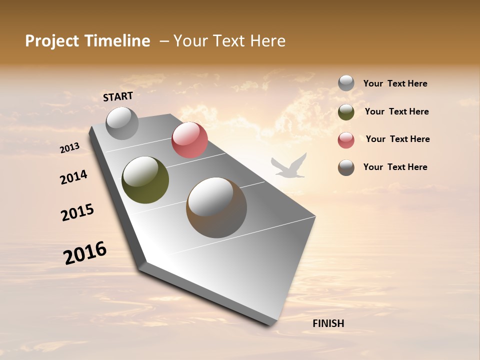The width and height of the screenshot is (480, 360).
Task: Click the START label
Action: click(x=118, y=96)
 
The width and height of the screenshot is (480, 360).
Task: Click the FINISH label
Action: click(x=328, y=323)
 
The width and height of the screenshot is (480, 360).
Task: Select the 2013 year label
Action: click(x=69, y=148)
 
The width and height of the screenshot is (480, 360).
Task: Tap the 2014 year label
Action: click(x=73, y=177)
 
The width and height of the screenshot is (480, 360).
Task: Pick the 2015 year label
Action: click(x=77, y=212)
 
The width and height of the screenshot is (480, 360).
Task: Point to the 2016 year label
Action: click(x=85, y=253)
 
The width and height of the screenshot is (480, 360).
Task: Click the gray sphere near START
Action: click(x=122, y=123)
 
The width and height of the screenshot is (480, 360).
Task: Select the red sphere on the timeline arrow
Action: click(x=189, y=140)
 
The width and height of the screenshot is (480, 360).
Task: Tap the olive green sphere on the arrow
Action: click(x=145, y=180)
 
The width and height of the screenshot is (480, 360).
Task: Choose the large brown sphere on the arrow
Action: click(x=216, y=207)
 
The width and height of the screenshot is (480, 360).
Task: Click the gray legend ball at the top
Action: click(x=346, y=83)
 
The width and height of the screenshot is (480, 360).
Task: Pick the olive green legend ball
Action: click(x=346, y=112)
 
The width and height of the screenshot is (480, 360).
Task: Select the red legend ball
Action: click(x=346, y=140)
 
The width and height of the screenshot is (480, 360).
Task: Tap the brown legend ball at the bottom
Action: click(x=346, y=167)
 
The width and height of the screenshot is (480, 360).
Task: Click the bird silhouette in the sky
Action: click(x=288, y=167)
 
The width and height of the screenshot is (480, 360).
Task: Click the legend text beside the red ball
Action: click(x=397, y=139)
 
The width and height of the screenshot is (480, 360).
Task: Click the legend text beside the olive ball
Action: click(x=396, y=111)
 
